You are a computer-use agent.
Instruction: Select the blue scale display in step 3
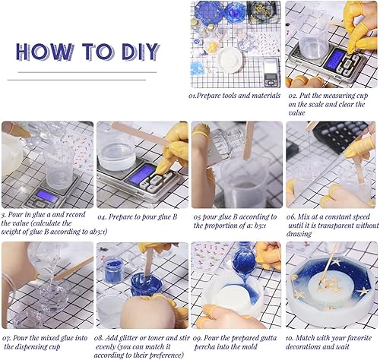(x=47, y=195)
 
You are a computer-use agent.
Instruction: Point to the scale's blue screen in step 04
(x=140, y=173)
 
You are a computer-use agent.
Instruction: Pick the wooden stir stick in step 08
(x=149, y=261)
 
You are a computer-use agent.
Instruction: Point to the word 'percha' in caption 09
(x=204, y=347)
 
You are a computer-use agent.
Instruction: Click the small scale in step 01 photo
(x=271, y=73)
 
